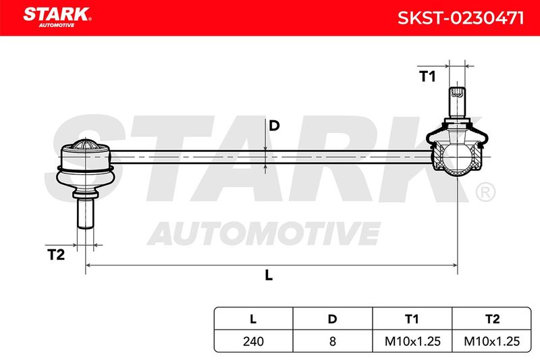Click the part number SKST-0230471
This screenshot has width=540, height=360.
(460, 18)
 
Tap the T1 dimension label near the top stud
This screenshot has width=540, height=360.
(427, 76)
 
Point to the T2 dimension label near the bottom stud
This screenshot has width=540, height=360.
(56, 255)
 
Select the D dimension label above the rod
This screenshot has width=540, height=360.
(274, 126)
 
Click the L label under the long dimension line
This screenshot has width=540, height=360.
(269, 275)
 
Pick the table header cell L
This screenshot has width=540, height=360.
(253, 319)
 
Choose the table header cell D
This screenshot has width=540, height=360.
(332, 319)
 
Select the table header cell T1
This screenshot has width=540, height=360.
(412, 319)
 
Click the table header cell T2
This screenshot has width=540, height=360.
(492, 319)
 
